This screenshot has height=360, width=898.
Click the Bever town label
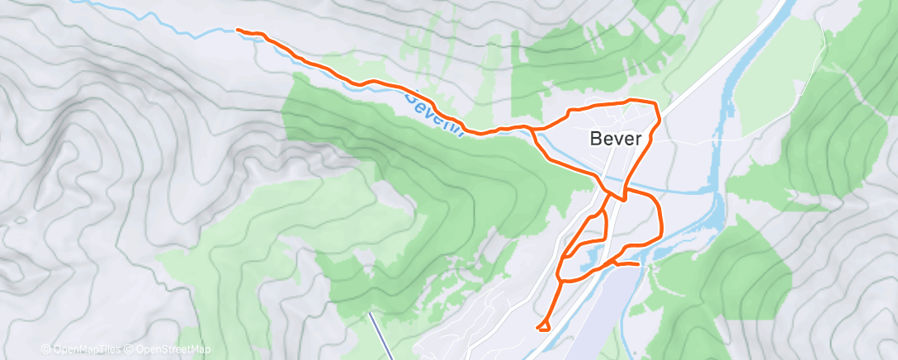click(616, 139)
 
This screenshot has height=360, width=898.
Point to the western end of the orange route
click(239, 30)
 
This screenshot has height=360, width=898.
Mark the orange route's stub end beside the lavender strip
click(638, 264)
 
